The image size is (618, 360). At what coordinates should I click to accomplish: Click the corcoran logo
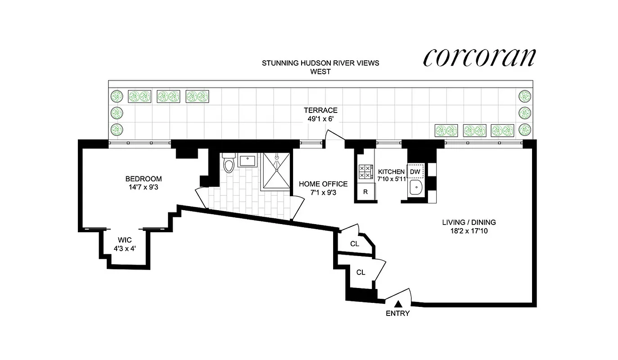[479, 57]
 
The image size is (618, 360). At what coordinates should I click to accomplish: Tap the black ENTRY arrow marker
[397, 305]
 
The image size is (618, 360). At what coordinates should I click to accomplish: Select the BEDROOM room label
[144, 179]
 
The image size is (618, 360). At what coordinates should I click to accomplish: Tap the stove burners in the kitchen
[365, 171]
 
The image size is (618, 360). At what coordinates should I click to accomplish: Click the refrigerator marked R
[365, 192]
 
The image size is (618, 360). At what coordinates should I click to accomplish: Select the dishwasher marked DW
[415, 172]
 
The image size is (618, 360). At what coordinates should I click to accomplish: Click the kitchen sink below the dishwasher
[415, 188]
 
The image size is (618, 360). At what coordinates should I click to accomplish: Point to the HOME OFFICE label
[323, 184]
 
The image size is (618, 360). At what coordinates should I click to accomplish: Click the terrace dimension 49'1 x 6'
[320, 119]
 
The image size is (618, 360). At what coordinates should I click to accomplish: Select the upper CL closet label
[355, 244]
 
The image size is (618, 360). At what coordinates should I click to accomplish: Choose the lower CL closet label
[361, 272]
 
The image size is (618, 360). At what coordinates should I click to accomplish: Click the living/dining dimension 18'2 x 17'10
[469, 231]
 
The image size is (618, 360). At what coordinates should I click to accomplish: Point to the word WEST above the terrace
[320, 72]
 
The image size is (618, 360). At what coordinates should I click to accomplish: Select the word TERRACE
[320, 110]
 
